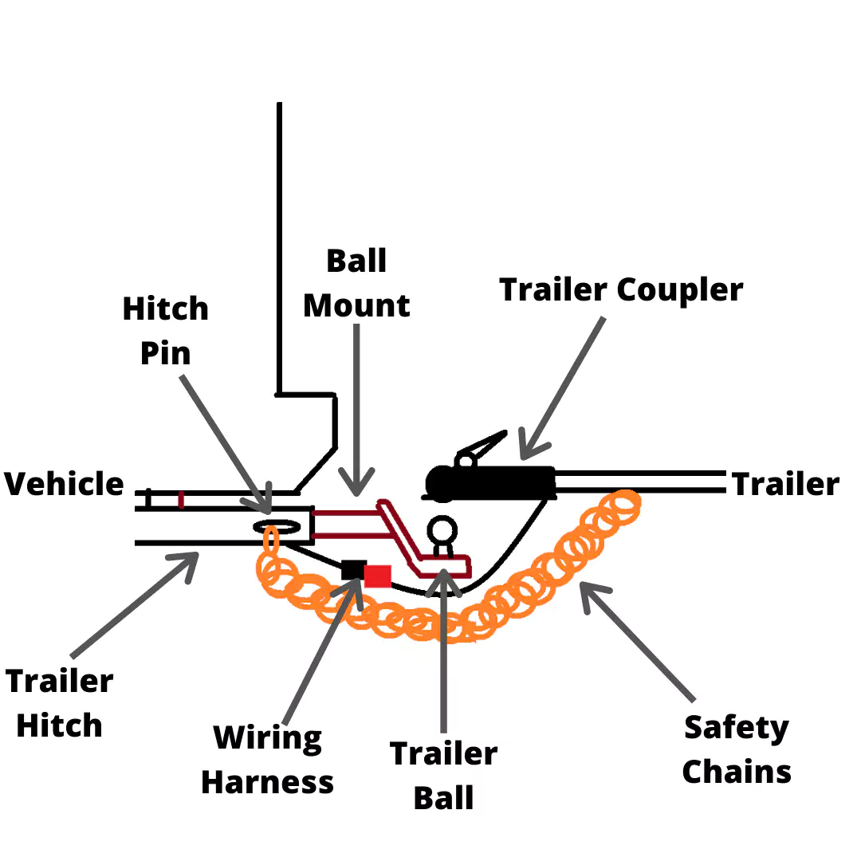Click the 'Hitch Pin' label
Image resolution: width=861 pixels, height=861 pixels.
pyautogui.click(x=165, y=331)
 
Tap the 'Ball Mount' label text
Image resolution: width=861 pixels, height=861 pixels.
pyautogui.click(x=356, y=283)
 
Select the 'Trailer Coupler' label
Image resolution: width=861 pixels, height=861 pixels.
pyautogui.click(x=621, y=289)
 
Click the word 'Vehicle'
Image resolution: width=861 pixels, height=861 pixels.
pyautogui.click(x=65, y=484)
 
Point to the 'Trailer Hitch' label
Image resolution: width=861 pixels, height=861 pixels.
pyautogui.click(x=60, y=703)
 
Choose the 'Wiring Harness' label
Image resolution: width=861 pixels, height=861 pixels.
pyautogui.click(x=268, y=760)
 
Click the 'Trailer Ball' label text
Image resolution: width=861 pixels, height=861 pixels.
pyautogui.click(x=443, y=775)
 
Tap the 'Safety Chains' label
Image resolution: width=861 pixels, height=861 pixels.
pyautogui.click(x=737, y=749)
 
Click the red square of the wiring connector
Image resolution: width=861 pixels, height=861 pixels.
pyautogui.click(x=378, y=576)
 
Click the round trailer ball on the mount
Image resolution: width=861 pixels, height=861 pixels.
pyautogui.click(x=442, y=529)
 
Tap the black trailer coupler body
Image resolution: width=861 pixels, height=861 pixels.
pyautogui.click(x=494, y=482)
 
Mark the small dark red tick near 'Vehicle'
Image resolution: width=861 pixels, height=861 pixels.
pyautogui.click(x=182, y=500)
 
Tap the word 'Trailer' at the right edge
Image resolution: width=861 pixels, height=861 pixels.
pyautogui.click(x=785, y=484)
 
